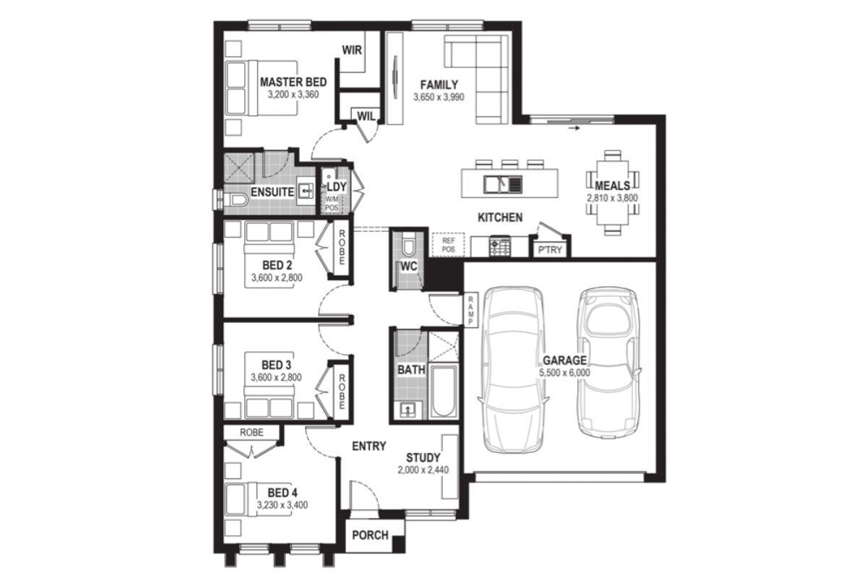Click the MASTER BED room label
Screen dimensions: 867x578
tap(293, 82)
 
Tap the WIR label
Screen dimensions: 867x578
tap(352, 50)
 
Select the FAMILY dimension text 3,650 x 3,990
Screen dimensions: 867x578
tap(439, 97)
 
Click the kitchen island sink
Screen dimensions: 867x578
tap(503, 184)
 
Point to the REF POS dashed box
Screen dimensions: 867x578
tap(448, 245)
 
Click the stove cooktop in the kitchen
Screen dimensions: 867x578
tap(500, 246)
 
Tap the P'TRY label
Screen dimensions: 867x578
tap(550, 250)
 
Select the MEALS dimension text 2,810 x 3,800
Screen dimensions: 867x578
tap(612, 198)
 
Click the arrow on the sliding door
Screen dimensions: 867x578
tap(574, 128)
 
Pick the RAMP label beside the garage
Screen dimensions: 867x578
tap(470, 311)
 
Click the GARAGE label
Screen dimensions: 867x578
tap(564, 361)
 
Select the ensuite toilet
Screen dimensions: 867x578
tap(236, 200)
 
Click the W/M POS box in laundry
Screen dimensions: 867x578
tap(332, 204)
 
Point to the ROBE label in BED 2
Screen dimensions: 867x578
tap(342, 248)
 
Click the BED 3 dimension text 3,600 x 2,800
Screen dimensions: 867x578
tap(276, 377)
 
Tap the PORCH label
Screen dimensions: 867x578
tap(370, 535)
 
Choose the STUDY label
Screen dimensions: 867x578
tap(423, 458)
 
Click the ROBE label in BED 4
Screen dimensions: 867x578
tap(251, 433)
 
